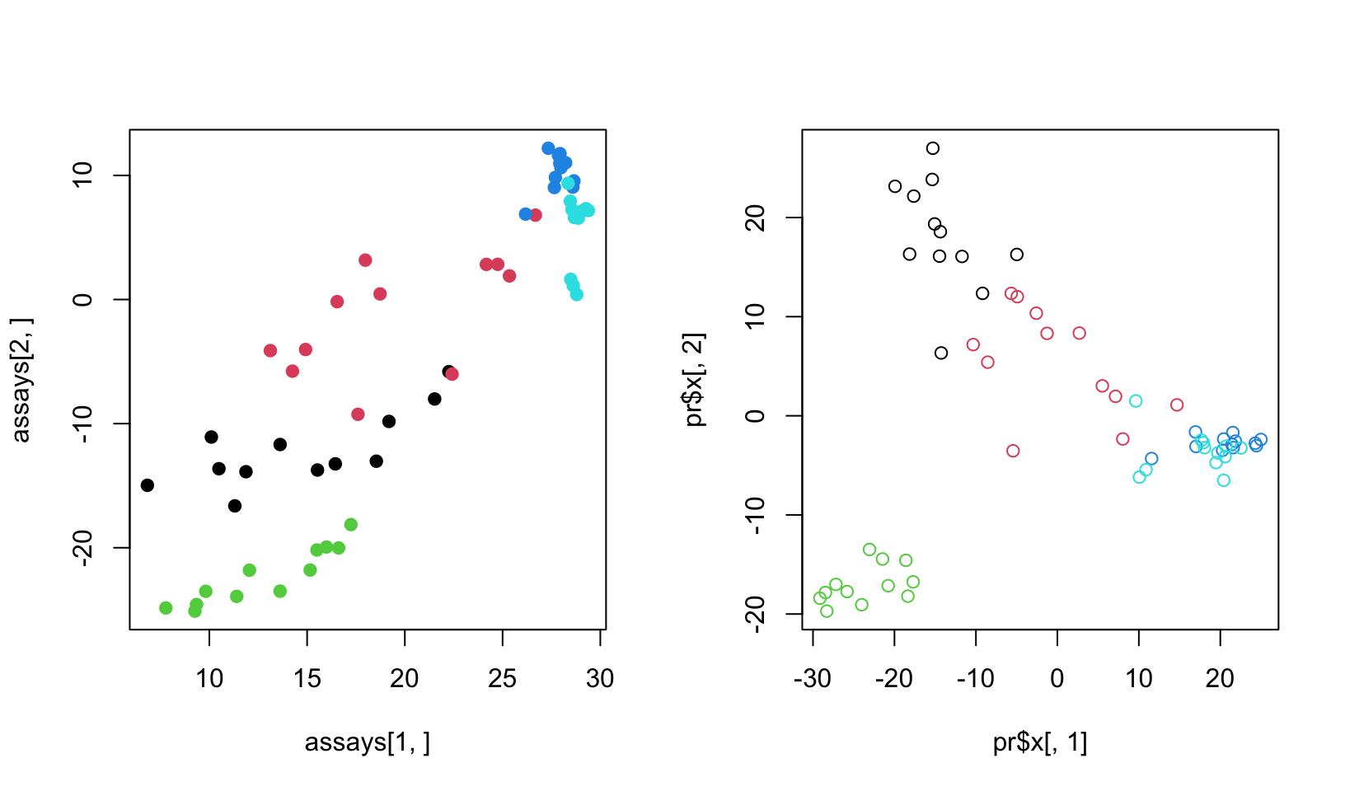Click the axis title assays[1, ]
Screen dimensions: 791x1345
(368, 742)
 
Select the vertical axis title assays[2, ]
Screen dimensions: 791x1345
(21, 380)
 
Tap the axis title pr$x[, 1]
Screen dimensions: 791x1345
(1040, 742)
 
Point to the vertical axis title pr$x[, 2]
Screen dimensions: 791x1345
(695, 380)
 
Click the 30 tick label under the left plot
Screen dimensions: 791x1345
(600, 679)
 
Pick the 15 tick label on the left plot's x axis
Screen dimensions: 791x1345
(307, 679)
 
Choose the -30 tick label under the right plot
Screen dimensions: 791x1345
(813, 679)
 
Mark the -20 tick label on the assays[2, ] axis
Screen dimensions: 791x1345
(83, 548)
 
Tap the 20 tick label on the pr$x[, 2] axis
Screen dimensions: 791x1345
(756, 218)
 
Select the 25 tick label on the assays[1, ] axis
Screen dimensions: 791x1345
(503, 679)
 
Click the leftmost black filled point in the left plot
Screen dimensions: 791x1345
(148, 485)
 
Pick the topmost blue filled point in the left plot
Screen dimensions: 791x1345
(548, 148)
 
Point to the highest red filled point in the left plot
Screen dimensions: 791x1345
(365, 260)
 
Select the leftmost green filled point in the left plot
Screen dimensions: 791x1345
(166, 608)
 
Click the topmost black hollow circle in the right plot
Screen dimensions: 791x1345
(933, 148)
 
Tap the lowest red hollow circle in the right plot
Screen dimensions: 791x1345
(1013, 451)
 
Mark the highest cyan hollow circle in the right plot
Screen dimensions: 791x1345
(1136, 401)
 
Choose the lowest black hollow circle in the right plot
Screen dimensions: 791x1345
(941, 353)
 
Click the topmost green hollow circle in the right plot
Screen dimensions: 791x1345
(869, 550)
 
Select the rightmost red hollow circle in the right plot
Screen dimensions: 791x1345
(1177, 405)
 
